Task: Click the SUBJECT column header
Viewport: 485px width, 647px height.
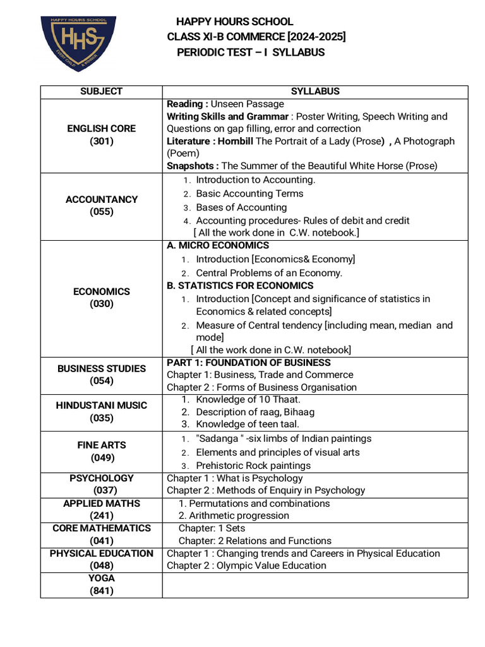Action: [101, 92]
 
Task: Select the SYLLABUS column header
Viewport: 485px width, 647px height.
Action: [315, 92]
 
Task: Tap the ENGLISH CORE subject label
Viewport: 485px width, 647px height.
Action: [101, 129]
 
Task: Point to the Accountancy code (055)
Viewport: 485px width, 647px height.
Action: [101, 212]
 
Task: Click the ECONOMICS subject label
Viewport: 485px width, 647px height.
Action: [101, 292]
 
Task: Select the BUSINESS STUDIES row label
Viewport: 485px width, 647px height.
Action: [101, 368]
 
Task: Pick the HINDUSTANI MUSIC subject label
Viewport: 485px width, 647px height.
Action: [101, 406]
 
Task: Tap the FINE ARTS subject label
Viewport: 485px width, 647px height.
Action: [101, 445]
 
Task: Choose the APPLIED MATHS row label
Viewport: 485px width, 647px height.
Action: [101, 504]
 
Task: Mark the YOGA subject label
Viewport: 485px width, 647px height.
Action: [101, 578]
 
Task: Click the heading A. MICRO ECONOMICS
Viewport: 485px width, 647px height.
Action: [218, 246]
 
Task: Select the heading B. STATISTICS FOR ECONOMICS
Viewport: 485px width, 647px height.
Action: [240, 286]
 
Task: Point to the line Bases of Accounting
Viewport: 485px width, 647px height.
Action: [241, 207]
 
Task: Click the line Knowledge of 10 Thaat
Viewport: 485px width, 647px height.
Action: [248, 399]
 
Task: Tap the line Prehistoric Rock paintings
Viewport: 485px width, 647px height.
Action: [253, 466]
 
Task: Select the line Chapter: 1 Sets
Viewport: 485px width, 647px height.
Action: [212, 528]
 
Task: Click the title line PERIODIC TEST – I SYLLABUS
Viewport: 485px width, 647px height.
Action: [251, 52]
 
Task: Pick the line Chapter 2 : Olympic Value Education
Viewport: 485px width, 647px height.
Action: [246, 565]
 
